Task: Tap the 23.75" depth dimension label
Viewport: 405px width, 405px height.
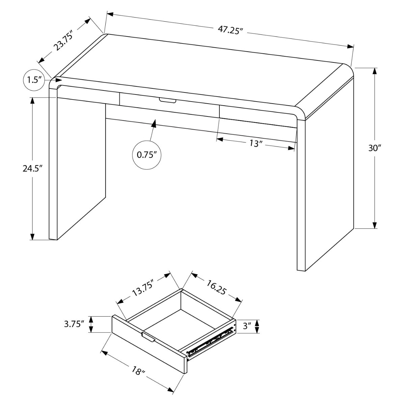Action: [64, 40]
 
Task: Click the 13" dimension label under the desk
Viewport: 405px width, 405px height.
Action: [256, 143]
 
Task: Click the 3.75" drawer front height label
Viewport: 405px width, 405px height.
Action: [74, 324]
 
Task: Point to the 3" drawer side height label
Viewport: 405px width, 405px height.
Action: [247, 326]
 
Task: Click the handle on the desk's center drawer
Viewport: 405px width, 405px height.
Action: [167, 100]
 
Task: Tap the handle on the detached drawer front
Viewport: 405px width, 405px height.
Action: [148, 337]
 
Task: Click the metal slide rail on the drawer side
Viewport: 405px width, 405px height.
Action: [211, 341]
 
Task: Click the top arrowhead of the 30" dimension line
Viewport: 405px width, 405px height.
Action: [375, 72]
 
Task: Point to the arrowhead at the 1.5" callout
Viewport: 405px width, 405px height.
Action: [58, 80]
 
